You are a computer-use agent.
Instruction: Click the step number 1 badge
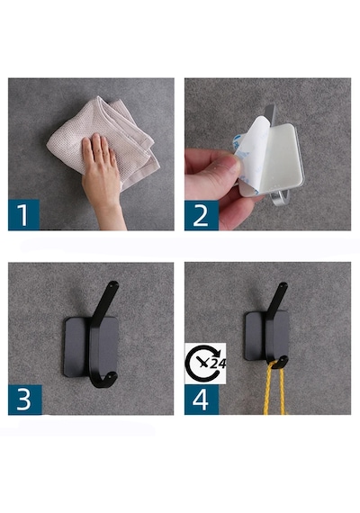(23, 214)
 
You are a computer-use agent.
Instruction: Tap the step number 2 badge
(202, 215)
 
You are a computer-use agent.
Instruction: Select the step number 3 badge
(25, 400)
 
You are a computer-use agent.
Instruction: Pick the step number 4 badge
(202, 400)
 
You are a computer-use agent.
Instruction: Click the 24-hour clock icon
(205, 364)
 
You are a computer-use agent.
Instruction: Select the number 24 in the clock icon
(217, 364)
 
